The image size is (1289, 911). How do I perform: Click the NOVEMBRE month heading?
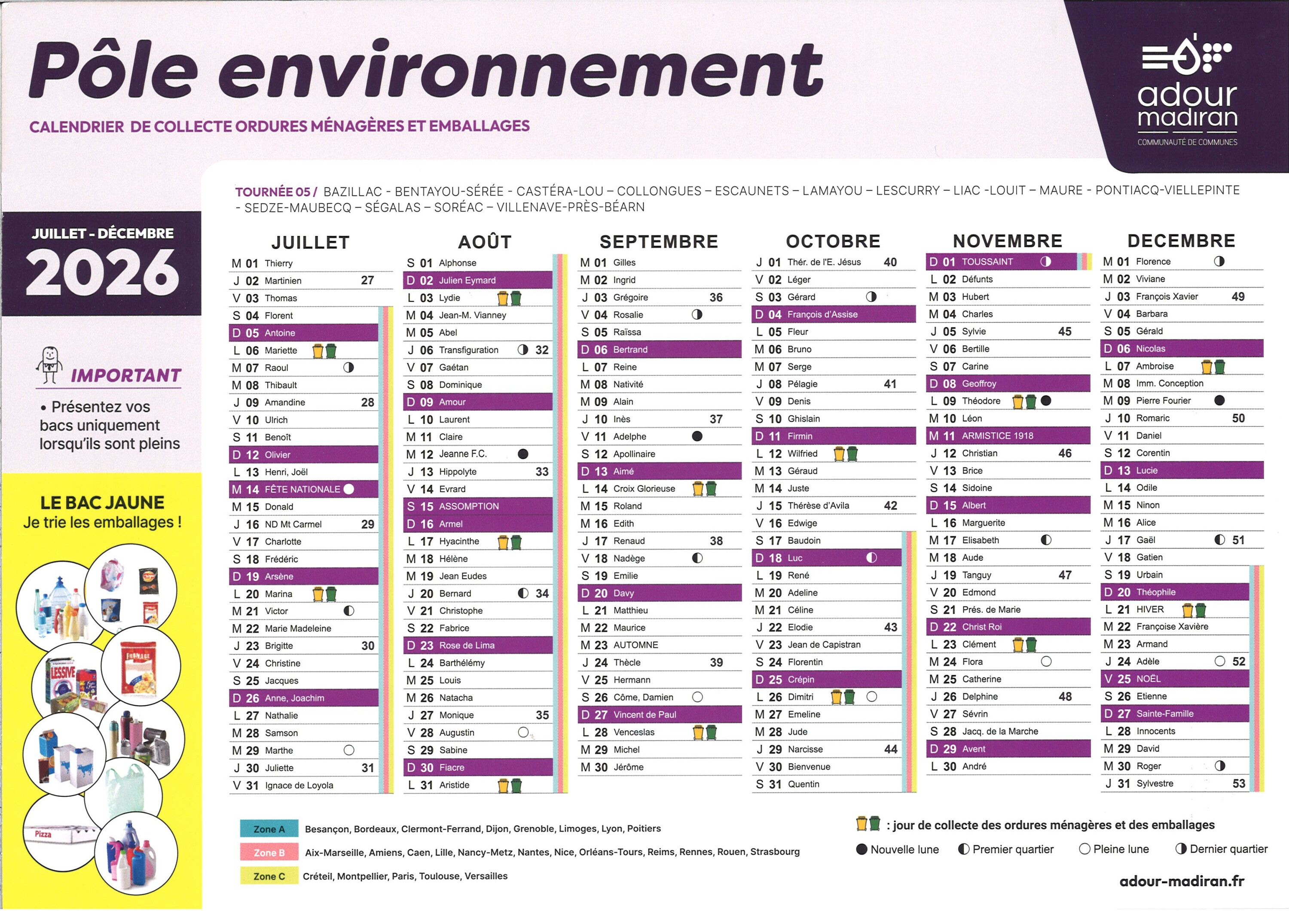1007,241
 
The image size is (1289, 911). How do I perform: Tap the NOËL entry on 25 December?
1148,679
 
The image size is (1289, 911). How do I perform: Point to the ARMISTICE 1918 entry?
997,436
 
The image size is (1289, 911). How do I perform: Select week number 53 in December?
1238,783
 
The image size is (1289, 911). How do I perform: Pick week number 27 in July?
367,280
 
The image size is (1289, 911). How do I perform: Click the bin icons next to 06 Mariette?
324,351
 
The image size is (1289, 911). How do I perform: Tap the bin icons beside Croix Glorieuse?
705,488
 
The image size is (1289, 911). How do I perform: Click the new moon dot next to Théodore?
1046,401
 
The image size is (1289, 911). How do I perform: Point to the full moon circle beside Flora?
1046,661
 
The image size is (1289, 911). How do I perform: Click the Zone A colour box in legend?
269,829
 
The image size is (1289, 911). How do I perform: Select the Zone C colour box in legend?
269,876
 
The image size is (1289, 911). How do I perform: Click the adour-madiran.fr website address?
1182,881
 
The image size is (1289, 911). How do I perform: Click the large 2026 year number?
102,273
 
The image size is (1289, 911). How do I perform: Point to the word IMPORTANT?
126,375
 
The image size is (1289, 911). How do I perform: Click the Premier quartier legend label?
1012,849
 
